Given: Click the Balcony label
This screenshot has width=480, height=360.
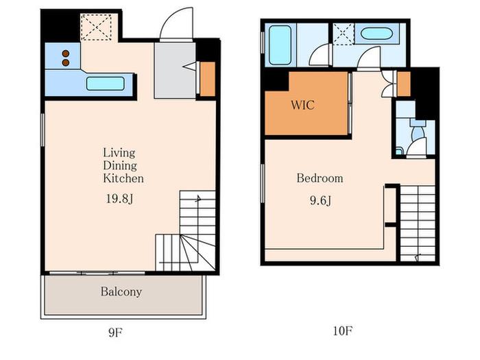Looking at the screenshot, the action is (x=121, y=291).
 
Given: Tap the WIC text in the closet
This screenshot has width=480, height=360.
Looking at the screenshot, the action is (x=302, y=105).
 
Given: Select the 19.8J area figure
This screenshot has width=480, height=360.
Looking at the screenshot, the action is (x=119, y=199).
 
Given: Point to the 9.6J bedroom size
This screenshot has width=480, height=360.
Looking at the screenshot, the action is (x=320, y=201).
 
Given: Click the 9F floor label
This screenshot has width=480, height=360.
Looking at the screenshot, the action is (x=115, y=332).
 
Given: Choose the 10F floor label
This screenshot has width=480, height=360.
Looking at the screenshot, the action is (x=343, y=331).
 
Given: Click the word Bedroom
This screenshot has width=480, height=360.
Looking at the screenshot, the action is (x=320, y=178).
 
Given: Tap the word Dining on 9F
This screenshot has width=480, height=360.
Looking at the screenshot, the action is (x=120, y=166).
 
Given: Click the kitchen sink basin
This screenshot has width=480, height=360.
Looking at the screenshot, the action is (x=106, y=84).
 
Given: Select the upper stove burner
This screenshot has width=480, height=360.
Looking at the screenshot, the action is (x=66, y=53).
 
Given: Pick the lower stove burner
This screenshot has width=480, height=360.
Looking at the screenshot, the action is (x=66, y=63).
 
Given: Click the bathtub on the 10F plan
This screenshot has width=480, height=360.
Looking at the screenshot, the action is (x=280, y=45).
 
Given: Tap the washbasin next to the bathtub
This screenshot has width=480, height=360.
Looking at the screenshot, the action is (x=376, y=34).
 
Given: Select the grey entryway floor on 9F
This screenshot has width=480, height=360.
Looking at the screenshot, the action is (x=175, y=71).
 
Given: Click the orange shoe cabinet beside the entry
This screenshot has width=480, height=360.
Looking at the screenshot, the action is (x=208, y=79).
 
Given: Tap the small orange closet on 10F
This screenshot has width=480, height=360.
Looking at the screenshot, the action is (x=403, y=84).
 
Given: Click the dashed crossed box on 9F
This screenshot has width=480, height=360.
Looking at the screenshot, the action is (x=96, y=27).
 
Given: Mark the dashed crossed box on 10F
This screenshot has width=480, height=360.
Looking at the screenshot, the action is (x=344, y=34).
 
